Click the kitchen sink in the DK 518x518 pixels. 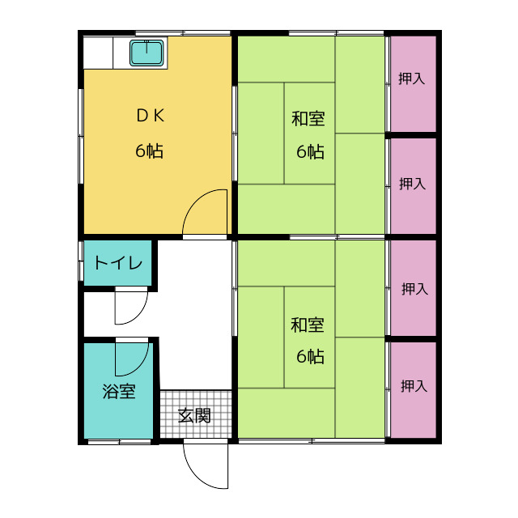click(x=146, y=53)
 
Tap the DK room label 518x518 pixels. click(x=151, y=116)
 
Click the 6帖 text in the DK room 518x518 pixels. click(x=149, y=151)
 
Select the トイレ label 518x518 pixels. click(x=118, y=263)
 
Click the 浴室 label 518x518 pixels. click(x=119, y=391)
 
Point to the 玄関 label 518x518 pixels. click(x=194, y=415)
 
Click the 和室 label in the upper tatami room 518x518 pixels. click(x=308, y=119)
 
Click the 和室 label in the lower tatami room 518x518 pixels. click(x=308, y=325)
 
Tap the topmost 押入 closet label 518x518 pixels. click(x=411, y=79)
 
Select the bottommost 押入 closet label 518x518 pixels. click(x=414, y=386)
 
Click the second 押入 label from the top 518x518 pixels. click(x=412, y=184)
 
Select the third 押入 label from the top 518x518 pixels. click(x=415, y=289)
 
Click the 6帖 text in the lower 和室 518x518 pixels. click(x=310, y=356)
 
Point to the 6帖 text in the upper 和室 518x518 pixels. click(x=310, y=152)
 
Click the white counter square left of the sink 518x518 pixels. click(x=98, y=53)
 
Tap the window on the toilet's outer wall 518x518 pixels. click(x=81, y=261)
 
